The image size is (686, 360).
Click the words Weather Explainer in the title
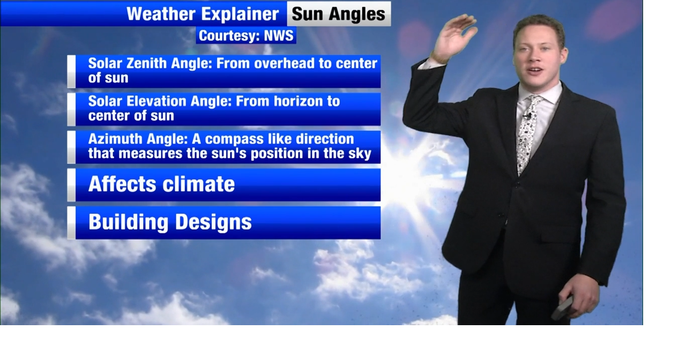(203, 14)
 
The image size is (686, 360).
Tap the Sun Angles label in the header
(339, 14)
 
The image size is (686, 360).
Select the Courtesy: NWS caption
(246, 36)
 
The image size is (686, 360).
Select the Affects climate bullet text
(161, 184)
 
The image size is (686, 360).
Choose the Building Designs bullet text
(170, 222)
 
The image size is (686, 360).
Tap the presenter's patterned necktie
(527, 134)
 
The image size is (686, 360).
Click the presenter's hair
(538, 27)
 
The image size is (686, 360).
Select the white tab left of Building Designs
(71, 222)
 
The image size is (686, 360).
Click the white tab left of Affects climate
(71, 185)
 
